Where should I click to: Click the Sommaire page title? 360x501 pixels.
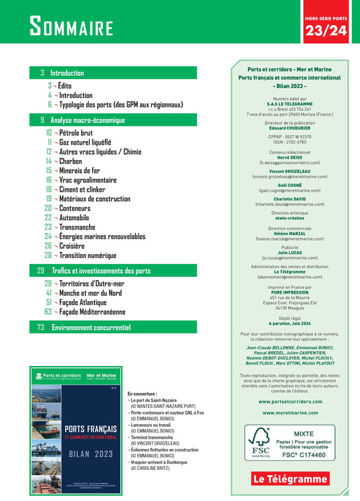point(71,27)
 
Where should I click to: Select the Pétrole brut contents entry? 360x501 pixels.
point(80,133)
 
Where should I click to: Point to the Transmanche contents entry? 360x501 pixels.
point(77,228)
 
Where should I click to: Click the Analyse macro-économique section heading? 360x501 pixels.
point(87,120)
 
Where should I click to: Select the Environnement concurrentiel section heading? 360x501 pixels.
point(91,327)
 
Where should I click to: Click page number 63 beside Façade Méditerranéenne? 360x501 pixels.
point(48,312)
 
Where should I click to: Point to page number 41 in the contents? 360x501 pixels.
point(49,293)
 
